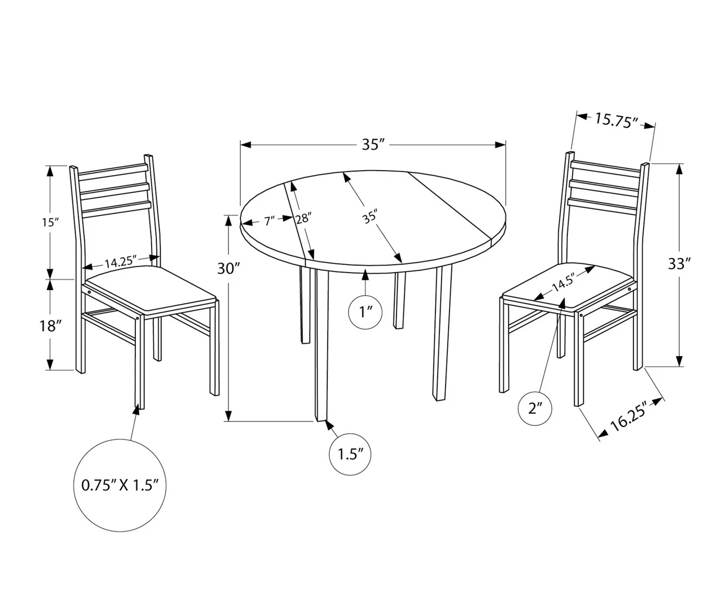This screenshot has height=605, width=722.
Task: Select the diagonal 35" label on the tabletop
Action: [369, 216]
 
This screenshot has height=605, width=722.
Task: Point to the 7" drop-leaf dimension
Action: [269, 221]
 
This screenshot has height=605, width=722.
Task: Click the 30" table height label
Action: [229, 268]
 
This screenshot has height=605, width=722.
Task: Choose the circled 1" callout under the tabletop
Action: [366, 312]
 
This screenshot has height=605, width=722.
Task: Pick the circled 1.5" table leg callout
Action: [350, 453]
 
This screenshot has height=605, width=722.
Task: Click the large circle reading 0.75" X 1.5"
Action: [120, 485]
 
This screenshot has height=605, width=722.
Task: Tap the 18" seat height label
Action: [50, 326]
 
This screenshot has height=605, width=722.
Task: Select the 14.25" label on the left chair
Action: [121, 262]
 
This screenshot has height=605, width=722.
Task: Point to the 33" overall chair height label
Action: [679, 263]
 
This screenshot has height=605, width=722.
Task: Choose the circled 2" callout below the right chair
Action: [535, 408]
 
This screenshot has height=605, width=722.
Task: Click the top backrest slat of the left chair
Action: [112, 170]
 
